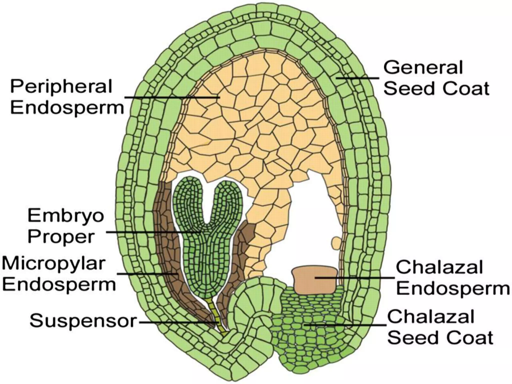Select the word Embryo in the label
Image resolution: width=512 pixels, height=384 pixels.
(x=65, y=216)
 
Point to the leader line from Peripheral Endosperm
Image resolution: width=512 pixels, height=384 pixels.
(x=170, y=97)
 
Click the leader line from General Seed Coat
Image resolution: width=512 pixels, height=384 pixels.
(x=357, y=78)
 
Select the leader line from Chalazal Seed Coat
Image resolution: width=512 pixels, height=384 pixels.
(x=345, y=325)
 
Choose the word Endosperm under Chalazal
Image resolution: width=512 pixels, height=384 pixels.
(x=452, y=289)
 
